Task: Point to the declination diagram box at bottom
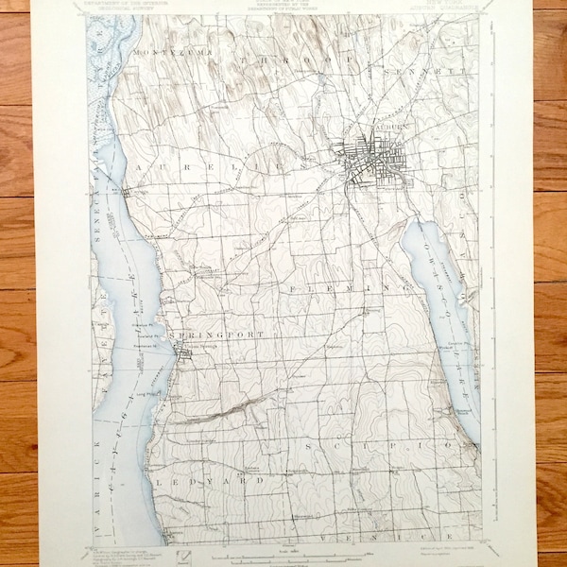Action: coord(195,550)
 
